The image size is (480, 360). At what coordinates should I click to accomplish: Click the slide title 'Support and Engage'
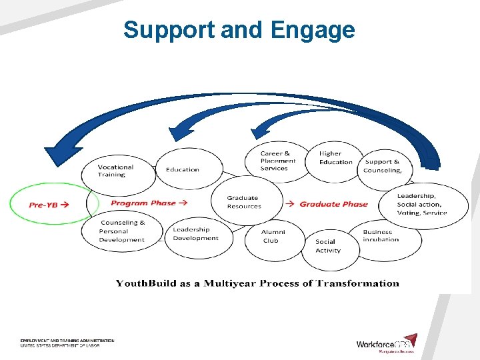pyautogui.click(x=239, y=30)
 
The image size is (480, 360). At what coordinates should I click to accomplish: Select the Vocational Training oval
pyautogui.click(x=116, y=171)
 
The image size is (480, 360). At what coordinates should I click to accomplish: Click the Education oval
pyautogui.click(x=182, y=169)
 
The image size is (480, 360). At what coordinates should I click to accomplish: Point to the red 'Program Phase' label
pyautogui.click(x=149, y=203)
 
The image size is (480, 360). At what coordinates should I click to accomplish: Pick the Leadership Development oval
pyautogui.click(x=195, y=234)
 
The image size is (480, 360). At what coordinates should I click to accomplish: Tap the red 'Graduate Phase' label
pyautogui.click(x=333, y=204)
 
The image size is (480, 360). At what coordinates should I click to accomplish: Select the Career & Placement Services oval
pyautogui.click(x=278, y=161)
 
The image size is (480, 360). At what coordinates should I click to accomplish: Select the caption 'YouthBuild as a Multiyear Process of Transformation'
pyautogui.click(x=257, y=283)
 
